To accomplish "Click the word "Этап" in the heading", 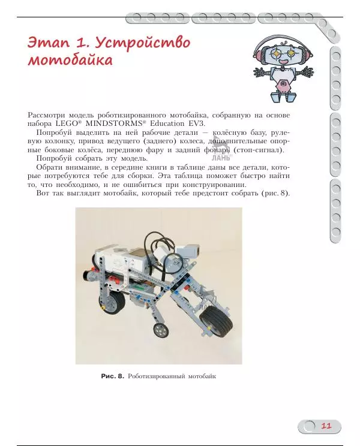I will pos(47,44).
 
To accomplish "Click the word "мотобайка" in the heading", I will pos(70,61).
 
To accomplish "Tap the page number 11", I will pos(326,426).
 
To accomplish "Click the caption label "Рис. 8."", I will pos(112,376).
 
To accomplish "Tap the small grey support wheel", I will pos(160,330).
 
